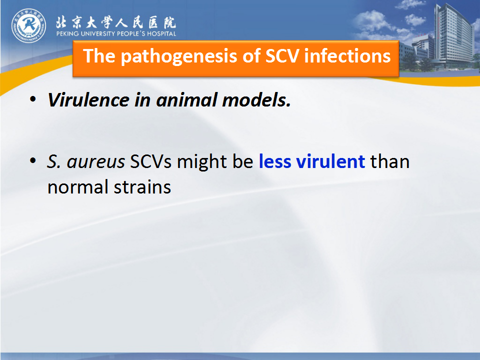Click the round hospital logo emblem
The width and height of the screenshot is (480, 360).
(x=29, y=25)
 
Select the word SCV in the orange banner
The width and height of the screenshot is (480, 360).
(x=282, y=56)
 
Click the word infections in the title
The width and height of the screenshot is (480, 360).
(x=347, y=56)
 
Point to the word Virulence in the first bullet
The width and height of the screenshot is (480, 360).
(x=88, y=100)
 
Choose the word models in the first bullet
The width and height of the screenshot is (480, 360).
(x=256, y=100)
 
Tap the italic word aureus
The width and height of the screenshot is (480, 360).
(x=96, y=162)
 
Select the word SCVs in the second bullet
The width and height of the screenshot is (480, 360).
(x=150, y=161)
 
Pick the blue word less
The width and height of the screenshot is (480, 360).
(x=275, y=161)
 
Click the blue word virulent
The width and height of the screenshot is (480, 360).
(x=330, y=161)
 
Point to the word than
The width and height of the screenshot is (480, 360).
(x=390, y=161)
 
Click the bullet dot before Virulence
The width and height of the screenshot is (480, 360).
(x=33, y=99)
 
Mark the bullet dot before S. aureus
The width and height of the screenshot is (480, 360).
(x=33, y=160)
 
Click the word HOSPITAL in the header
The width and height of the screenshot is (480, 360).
(x=161, y=33)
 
